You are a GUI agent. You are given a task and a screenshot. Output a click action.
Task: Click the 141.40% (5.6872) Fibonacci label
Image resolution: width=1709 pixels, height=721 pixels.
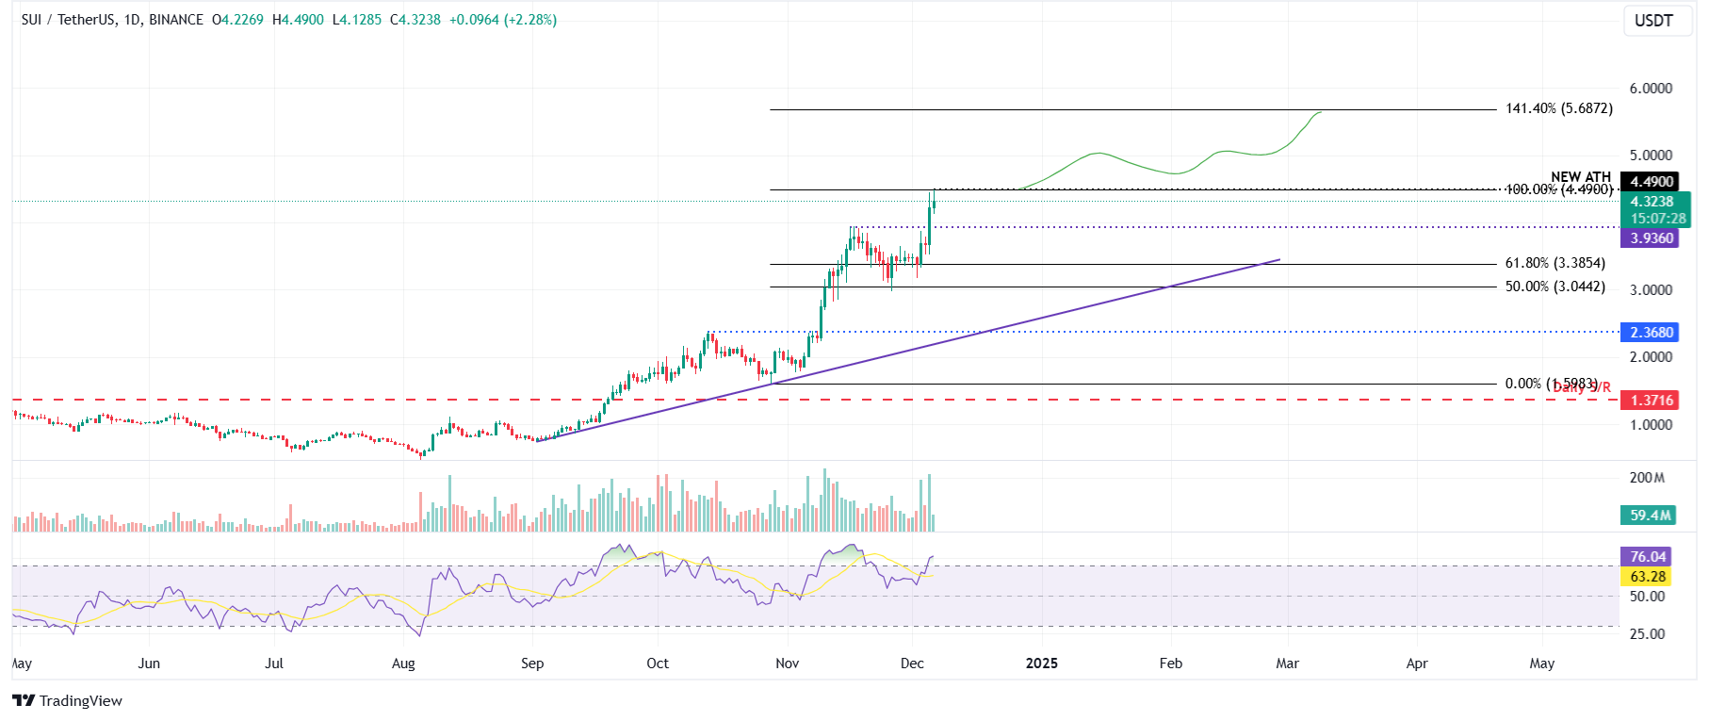[1558, 108]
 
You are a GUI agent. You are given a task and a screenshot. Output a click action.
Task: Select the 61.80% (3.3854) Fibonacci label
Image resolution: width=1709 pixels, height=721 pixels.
[1554, 263]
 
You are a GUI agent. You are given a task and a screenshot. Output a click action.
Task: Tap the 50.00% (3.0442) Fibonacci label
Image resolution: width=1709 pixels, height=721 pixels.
[1554, 287]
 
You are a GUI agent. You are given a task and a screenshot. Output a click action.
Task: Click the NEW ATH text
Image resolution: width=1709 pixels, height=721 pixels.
[1580, 176]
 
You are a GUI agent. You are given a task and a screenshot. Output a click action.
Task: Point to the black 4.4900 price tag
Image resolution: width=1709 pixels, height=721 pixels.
[1652, 182]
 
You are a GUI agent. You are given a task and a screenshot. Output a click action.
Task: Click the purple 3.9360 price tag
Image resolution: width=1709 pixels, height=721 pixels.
[1652, 238]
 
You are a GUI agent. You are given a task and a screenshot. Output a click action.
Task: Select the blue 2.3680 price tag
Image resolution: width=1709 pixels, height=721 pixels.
[1652, 333]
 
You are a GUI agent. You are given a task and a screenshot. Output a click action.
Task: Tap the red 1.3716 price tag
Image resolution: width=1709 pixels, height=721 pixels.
[1652, 401]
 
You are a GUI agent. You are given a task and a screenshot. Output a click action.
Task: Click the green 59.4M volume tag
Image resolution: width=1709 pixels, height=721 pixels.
[1651, 516]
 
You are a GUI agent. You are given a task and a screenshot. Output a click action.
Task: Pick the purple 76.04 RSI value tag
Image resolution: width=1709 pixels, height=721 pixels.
[1648, 557]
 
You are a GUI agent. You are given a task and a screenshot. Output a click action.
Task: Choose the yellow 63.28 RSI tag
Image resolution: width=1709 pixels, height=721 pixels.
[1648, 577]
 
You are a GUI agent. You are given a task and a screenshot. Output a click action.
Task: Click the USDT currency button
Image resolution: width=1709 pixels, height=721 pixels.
[1653, 21]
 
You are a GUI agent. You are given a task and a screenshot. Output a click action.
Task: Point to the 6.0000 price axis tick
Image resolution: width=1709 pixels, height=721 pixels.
[1651, 89]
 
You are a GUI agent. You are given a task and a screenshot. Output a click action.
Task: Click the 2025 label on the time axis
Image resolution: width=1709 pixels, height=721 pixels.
[1041, 664]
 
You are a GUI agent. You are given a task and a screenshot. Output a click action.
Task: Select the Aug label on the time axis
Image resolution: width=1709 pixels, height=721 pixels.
[403, 664]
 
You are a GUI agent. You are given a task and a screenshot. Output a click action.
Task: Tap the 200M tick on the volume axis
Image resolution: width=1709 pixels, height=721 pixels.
[1647, 478]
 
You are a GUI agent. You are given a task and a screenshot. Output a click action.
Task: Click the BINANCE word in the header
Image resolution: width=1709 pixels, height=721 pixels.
[175, 20]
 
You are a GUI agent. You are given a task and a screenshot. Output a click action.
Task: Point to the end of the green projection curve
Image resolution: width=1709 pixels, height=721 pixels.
[1321, 112]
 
